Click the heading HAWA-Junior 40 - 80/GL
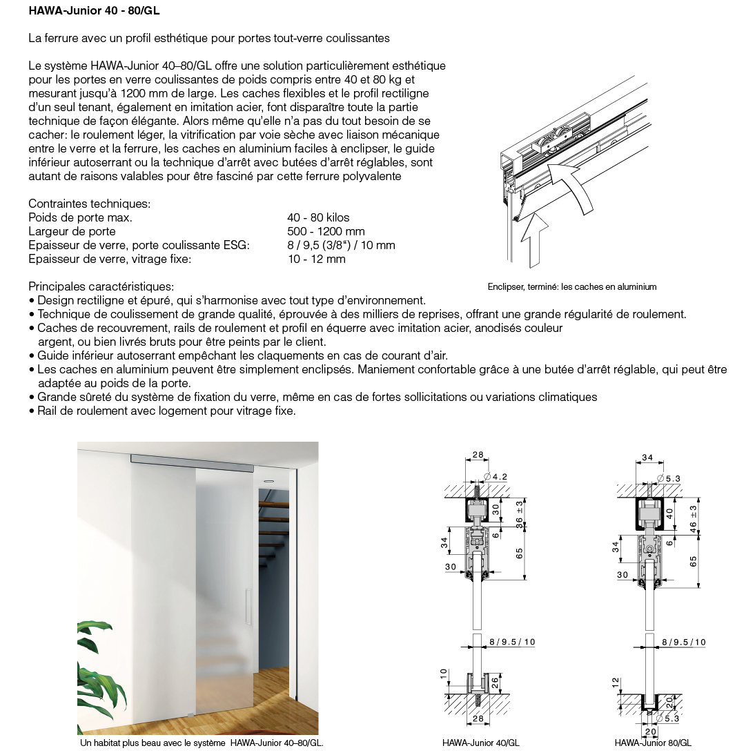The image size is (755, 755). pyautogui.click(x=95, y=11)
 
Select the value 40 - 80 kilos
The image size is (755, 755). pyautogui.click(x=318, y=217)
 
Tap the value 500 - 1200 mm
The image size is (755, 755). pyautogui.click(x=326, y=231)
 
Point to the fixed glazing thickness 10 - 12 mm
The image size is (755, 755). pyautogui.click(x=316, y=259)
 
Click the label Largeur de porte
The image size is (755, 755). pyautogui.click(x=72, y=231)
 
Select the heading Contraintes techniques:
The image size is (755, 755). pyautogui.click(x=89, y=204)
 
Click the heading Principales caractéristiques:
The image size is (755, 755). pyautogui.click(x=101, y=286)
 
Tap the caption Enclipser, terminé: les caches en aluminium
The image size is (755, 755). pyautogui.click(x=571, y=287)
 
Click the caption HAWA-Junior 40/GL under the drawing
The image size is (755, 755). pyautogui.click(x=480, y=743)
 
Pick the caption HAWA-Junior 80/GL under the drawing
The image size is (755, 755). pyautogui.click(x=653, y=743)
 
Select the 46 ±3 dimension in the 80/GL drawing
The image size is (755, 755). pyautogui.click(x=694, y=516)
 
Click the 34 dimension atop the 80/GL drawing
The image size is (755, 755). pyautogui.click(x=647, y=458)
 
